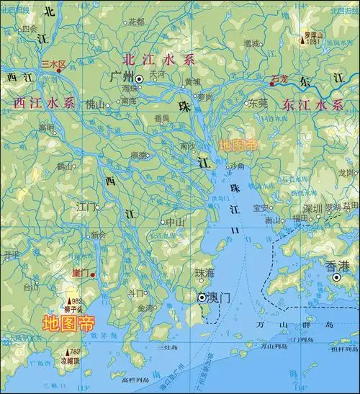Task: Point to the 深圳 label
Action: [312, 208]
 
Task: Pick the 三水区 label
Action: [53, 64]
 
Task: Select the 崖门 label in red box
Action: [80, 274]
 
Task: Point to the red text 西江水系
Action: [45, 104]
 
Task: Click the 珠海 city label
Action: [204, 273]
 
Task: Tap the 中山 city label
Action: [176, 222]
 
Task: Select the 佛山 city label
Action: [94, 104]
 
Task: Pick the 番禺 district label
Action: [161, 117]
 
